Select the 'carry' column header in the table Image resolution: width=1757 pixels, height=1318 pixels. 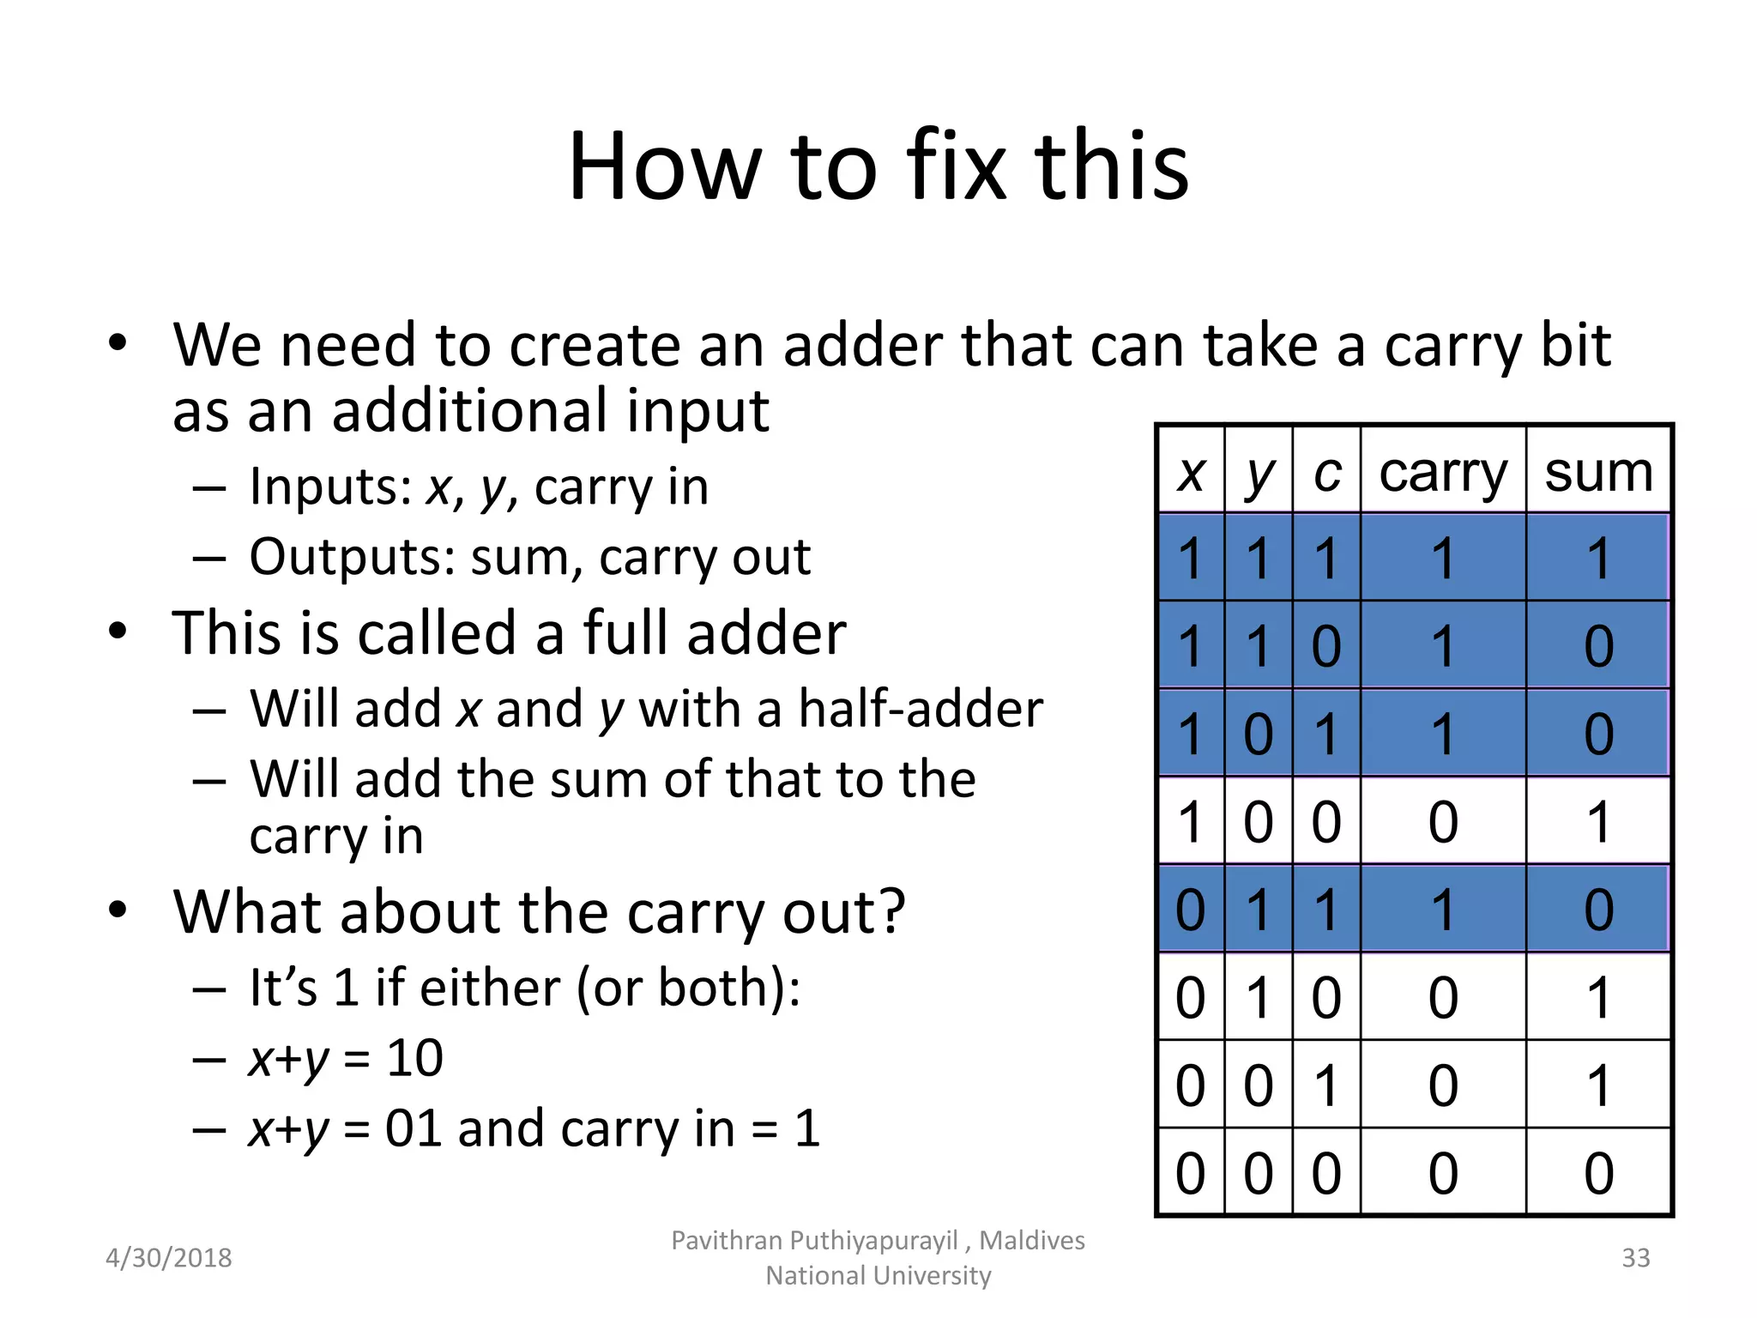point(1443,472)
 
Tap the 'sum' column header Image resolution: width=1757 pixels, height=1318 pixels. point(1598,472)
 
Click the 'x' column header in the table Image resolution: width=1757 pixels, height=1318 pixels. point(1191,472)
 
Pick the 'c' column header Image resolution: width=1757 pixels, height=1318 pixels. point(1326,472)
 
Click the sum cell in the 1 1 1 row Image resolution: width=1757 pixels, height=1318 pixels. point(1598,559)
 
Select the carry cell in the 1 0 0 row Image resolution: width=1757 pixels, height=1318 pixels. point(1443,821)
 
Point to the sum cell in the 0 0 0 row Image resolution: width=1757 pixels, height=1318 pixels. point(1598,1173)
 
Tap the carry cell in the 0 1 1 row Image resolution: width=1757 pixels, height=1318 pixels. point(1443,910)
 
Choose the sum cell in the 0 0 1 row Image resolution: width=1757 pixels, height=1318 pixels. point(1598,1085)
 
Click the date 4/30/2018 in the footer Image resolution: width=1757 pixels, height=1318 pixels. point(168,1258)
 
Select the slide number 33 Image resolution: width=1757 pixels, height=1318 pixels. point(1635,1258)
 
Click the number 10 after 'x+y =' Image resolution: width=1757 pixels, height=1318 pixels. point(414,1058)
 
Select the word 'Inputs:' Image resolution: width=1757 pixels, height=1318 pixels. point(330,487)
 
